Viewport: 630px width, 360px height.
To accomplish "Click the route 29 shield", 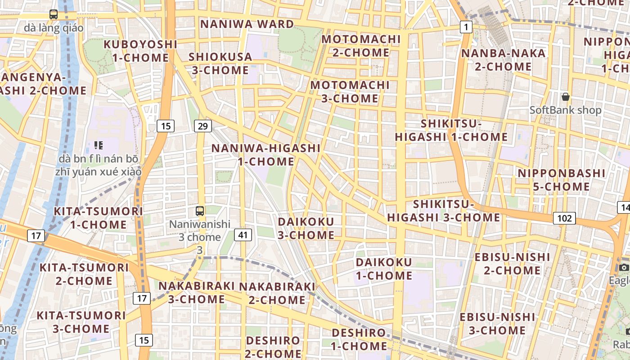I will [203, 126].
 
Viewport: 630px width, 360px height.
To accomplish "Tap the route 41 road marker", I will [243, 234].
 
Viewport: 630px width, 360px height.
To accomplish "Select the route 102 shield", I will [564, 218].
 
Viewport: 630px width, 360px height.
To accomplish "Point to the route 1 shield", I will [466, 27].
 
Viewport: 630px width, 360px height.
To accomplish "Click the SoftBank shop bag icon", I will [566, 97].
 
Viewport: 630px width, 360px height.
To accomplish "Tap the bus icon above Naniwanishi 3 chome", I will [200, 211].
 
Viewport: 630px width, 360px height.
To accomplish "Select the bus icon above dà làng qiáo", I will [54, 14].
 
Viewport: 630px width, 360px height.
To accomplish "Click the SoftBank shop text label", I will [565, 110].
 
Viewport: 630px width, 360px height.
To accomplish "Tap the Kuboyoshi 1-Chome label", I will [140, 51].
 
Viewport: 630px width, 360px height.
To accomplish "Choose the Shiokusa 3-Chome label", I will [220, 63].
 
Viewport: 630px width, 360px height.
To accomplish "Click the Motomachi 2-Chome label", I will [361, 46].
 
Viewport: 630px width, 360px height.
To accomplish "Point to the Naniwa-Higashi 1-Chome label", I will [266, 154].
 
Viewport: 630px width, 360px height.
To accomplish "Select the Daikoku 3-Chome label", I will [306, 228].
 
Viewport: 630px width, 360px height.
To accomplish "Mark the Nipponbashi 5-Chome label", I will [561, 180].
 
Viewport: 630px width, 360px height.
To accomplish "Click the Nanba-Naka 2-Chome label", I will [503, 60].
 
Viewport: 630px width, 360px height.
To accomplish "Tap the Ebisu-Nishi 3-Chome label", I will [497, 324].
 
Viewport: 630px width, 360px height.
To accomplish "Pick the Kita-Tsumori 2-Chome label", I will [84, 274].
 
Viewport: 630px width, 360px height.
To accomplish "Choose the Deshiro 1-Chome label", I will [359, 339].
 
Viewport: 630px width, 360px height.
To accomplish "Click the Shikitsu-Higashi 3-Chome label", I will [444, 211].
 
